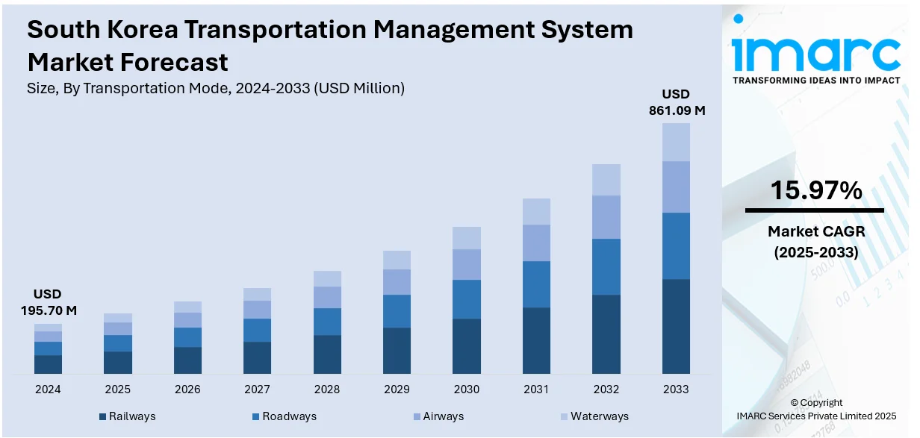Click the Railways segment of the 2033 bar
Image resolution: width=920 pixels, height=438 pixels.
pos(676,326)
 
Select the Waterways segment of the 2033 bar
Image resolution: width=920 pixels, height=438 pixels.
pos(676,142)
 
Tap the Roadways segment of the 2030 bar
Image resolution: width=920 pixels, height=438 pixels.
pos(467,299)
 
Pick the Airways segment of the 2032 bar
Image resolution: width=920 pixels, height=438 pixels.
pos(606,217)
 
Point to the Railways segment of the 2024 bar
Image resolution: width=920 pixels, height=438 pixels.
pos(48,364)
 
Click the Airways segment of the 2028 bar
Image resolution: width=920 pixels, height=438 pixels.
pos(327,297)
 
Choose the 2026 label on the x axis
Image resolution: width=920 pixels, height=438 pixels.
pos(187,389)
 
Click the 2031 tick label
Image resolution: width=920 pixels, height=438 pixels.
pos(536,389)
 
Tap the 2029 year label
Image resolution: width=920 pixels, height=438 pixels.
pos(397,389)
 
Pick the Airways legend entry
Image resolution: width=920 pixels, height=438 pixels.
pos(438,416)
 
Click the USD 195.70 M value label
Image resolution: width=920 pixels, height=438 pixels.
pos(48,302)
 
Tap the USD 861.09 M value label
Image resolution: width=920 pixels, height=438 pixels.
pos(676,102)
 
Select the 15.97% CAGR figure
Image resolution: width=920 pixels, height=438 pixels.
pos(815,191)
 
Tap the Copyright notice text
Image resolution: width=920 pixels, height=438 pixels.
pos(815,403)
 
